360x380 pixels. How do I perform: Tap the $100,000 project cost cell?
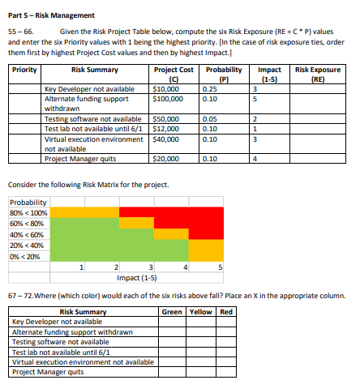pos(168,99)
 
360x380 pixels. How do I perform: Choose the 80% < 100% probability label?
pos(27,213)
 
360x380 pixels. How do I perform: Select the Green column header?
pos(173,312)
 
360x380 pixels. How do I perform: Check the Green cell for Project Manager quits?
pos(173,372)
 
